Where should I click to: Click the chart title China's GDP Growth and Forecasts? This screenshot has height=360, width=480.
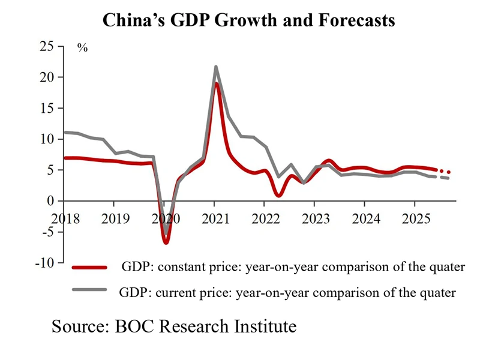(248, 20)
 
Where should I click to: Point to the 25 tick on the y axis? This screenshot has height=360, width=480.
(47, 46)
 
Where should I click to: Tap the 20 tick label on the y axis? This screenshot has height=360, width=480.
(47, 77)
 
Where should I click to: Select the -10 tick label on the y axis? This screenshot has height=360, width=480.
(44, 263)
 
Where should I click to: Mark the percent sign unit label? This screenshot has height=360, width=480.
(82, 48)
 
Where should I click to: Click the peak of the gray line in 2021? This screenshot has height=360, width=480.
(215, 67)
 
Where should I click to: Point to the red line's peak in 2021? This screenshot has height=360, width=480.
(217, 83)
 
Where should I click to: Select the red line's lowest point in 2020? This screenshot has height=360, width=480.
(166, 242)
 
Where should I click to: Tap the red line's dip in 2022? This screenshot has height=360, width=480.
(278, 196)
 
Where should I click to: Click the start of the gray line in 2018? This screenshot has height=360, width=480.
(65, 132)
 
